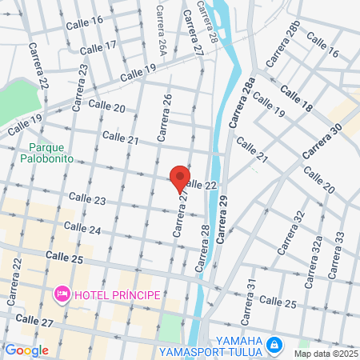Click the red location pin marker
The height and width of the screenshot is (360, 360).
click(180, 178)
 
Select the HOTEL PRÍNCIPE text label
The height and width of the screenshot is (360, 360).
click(117, 295)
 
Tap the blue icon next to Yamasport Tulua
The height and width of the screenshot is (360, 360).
click(274, 344)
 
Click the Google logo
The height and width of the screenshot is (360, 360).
click(26, 350)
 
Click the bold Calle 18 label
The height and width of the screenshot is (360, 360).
click(296, 101)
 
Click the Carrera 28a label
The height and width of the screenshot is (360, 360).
click(242, 103)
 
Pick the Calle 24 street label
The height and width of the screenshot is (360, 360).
click(83, 230)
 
